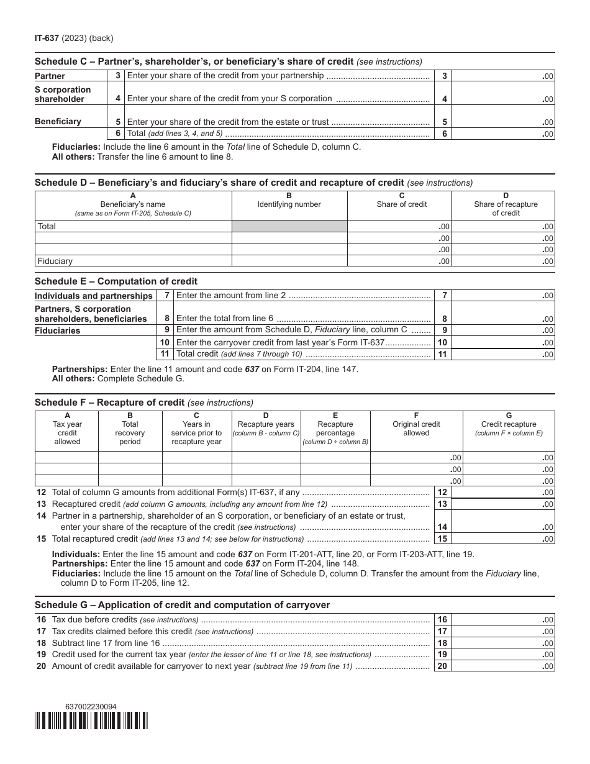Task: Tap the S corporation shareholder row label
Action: pos(63,94)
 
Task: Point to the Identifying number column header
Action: pos(289,204)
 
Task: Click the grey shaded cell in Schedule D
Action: pos(289,227)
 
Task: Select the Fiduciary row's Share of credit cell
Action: pos(399,261)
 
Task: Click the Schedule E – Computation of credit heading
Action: pos(116,281)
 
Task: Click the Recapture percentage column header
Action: pos(335,429)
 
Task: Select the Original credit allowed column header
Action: pos(416,429)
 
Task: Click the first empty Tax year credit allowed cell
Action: pos(66,457)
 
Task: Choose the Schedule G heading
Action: pos(182,605)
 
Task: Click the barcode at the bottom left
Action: pos(91,720)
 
